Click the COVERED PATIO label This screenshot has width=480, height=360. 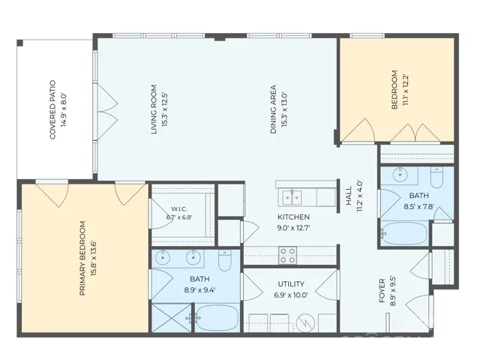(x=52, y=109)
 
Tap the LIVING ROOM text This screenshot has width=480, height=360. (x=154, y=109)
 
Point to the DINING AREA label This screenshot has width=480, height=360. (x=273, y=109)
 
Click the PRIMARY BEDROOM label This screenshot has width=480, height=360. (x=82, y=258)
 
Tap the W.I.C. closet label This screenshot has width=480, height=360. (x=179, y=209)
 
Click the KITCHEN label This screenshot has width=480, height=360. (x=293, y=217)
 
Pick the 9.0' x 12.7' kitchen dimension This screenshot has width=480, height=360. (x=294, y=228)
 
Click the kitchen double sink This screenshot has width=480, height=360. (x=292, y=197)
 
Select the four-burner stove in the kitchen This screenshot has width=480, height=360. (x=288, y=255)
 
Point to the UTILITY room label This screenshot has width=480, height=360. (x=291, y=284)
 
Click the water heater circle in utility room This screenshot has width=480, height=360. (x=305, y=322)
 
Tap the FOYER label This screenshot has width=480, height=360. (x=382, y=290)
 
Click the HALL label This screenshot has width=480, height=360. (x=349, y=196)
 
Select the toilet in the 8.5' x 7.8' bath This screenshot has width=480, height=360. (x=436, y=177)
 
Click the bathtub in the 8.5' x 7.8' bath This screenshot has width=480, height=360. (x=405, y=233)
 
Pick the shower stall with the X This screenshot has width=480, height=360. (x=172, y=318)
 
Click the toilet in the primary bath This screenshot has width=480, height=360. (x=225, y=260)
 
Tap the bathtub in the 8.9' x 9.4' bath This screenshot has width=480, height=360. (x=217, y=318)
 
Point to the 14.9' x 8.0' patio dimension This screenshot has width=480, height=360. (x=64, y=109)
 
